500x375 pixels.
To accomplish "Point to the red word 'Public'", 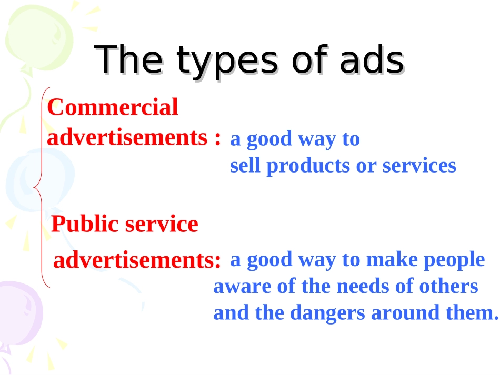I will click(x=85, y=224).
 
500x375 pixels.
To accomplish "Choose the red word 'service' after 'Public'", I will click(x=162, y=224).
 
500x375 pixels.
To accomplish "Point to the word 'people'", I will click(x=454, y=260).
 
